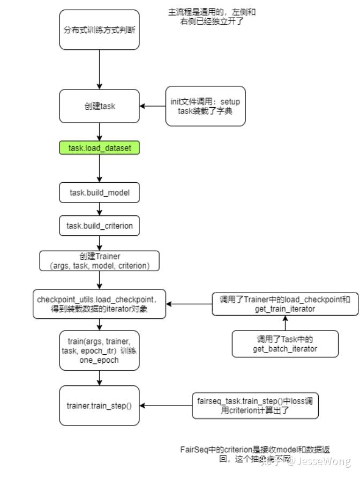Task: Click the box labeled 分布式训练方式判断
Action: click(x=99, y=29)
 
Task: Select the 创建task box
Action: click(x=99, y=106)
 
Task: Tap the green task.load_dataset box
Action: click(x=99, y=148)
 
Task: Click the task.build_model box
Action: click(x=99, y=192)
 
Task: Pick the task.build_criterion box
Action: click(x=99, y=226)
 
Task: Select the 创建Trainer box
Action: click(x=99, y=261)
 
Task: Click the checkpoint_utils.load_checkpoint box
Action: click(x=99, y=304)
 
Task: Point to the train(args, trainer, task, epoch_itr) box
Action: click(x=99, y=350)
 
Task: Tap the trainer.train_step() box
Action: click(x=99, y=406)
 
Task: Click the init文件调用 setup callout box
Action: click(x=205, y=106)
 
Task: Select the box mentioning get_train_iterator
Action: click(x=285, y=304)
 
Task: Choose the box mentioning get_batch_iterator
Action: click(x=285, y=343)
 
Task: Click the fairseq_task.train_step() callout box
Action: click(x=255, y=406)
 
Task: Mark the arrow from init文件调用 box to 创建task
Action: click(x=153, y=106)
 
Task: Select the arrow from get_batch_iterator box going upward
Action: click(x=285, y=323)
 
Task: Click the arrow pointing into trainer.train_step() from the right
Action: click(x=166, y=406)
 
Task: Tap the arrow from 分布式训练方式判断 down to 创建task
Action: click(x=99, y=68)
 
